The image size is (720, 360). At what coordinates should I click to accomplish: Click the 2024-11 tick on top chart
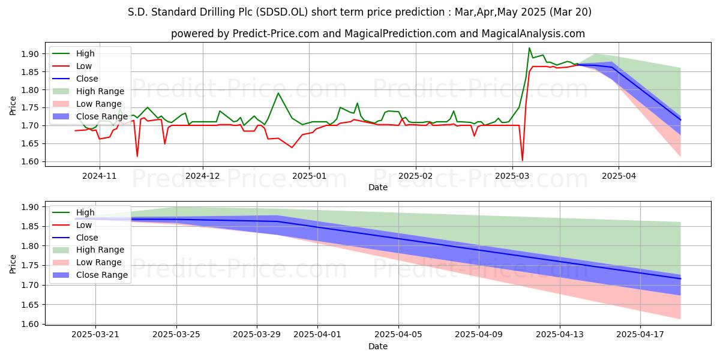tap(99, 176)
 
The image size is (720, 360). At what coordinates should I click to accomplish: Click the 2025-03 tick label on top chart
tap(512, 176)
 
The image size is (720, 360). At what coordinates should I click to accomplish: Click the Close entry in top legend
tap(87, 79)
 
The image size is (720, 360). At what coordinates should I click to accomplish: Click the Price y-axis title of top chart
tap(13, 106)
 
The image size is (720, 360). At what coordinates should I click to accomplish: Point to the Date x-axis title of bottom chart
tap(378, 346)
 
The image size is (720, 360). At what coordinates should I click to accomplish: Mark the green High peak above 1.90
tap(529, 48)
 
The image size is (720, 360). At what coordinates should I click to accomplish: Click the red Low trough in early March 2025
tap(522, 160)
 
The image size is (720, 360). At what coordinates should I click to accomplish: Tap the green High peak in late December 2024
tap(278, 93)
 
